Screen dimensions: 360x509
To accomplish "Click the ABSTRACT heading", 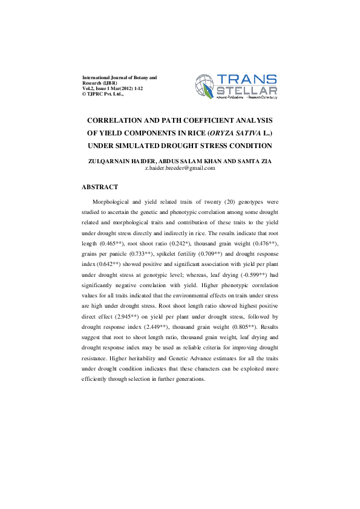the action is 100,187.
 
